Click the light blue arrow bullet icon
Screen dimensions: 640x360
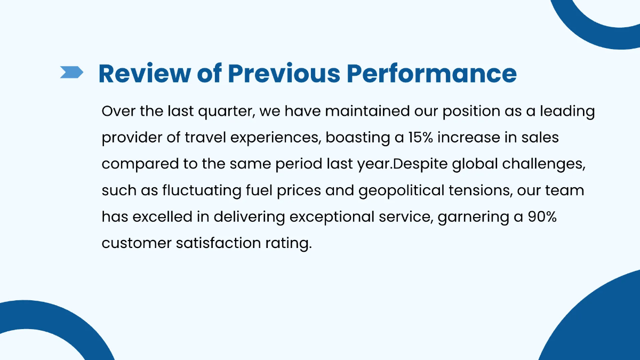71,72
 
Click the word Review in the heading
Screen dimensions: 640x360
145,74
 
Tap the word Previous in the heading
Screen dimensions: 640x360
284,74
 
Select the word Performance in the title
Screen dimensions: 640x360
431,74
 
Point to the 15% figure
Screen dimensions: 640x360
420,138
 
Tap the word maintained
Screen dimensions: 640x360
367,111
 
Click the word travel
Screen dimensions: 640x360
205,137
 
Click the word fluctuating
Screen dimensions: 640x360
202,190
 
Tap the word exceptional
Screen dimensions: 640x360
332,217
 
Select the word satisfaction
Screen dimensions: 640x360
218,243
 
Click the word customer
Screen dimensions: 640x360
137,243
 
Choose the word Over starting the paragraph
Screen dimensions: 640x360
118,111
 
